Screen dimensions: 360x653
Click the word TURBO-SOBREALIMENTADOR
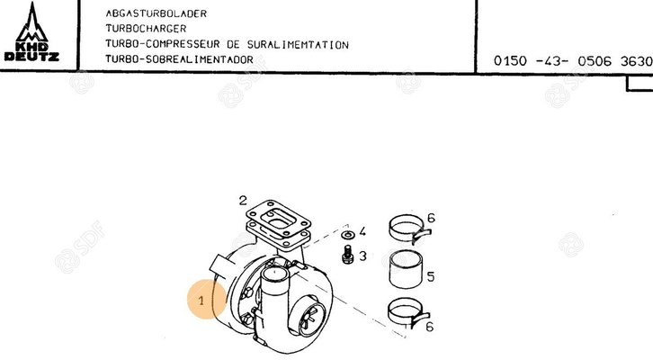click(179, 59)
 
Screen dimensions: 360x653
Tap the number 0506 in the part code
click(596, 61)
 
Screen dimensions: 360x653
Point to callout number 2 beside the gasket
click(242, 200)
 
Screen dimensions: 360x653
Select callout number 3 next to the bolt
click(362, 256)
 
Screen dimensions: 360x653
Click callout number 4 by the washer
click(362, 232)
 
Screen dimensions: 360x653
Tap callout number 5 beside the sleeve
click(431, 277)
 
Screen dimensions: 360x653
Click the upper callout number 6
click(431, 219)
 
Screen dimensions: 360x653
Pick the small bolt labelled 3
click(345, 256)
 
